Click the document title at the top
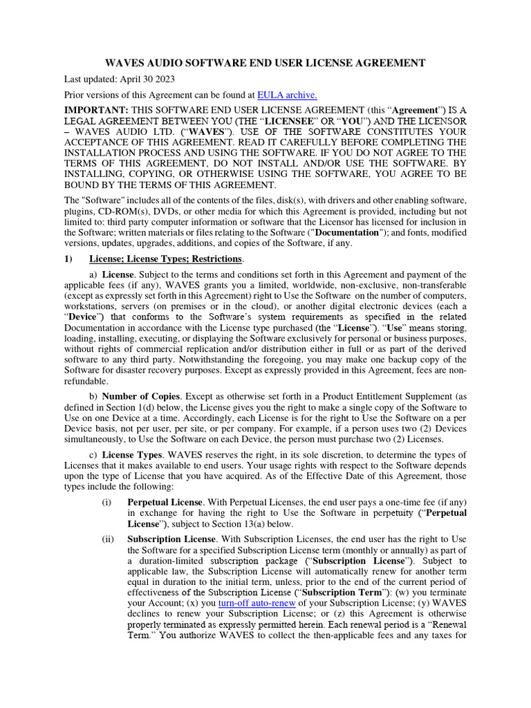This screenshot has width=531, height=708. [x=265, y=63]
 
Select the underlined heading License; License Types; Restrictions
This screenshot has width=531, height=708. [x=166, y=259]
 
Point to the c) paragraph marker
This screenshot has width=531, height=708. [x=93, y=454]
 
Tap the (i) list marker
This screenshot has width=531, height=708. [x=106, y=501]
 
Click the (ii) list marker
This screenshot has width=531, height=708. [x=106, y=539]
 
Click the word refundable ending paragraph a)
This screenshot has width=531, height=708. [x=86, y=381]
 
